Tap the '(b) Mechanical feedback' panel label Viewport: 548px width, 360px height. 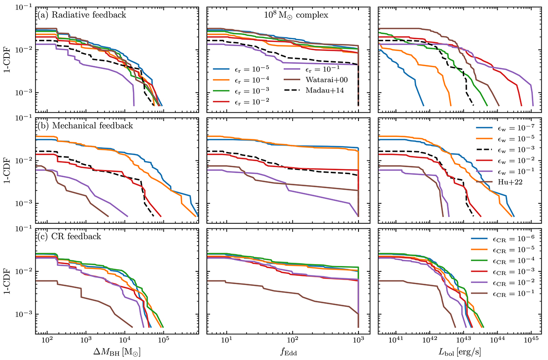78,125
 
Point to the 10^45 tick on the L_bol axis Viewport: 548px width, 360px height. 532,341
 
